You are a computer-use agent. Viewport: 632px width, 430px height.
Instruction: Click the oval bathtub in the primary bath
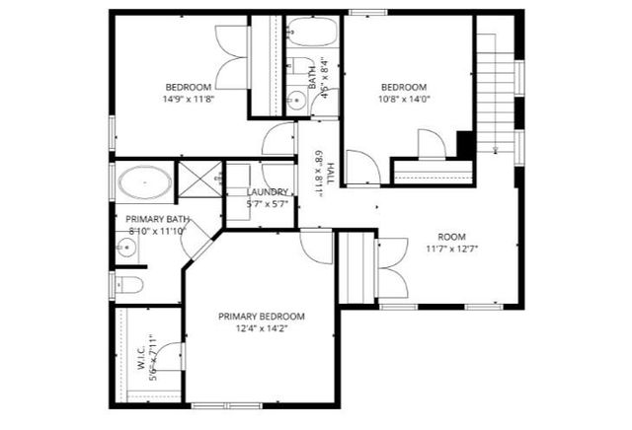(143, 183)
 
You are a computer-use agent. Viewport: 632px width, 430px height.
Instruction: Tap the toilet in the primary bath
(130, 286)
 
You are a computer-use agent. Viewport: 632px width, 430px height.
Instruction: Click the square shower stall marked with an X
(197, 181)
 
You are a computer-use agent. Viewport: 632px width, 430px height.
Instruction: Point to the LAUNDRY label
(268, 192)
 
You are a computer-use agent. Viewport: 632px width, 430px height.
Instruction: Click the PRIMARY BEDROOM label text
(262, 317)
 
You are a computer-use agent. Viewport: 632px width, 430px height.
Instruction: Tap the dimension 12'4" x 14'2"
(262, 329)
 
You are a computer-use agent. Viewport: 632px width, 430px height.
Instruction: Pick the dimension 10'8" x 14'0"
(404, 99)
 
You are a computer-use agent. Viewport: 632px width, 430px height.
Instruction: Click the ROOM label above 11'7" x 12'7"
(451, 237)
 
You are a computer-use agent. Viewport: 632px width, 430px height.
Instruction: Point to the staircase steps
(495, 89)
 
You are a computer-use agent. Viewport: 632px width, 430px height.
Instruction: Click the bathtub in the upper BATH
(312, 37)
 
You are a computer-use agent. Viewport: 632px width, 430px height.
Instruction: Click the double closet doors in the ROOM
(392, 267)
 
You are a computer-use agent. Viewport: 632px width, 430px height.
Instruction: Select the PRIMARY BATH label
(157, 219)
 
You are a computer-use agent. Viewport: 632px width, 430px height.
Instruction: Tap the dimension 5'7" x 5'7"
(267, 204)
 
